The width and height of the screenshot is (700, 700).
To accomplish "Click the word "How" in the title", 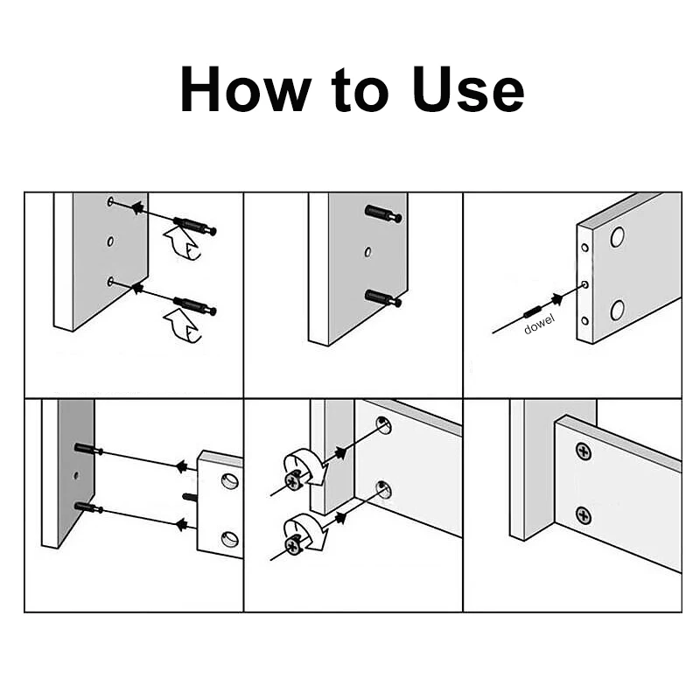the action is (245, 89).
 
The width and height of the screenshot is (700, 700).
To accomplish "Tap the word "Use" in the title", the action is (468, 89).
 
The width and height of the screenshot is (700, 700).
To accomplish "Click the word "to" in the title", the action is (360, 90).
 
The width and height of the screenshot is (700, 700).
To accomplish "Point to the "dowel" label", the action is (539, 324).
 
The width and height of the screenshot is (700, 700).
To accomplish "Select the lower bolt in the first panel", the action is (194, 305).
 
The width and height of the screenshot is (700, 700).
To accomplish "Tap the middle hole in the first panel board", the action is (110, 241).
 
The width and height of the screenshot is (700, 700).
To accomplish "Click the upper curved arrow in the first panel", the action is (182, 243).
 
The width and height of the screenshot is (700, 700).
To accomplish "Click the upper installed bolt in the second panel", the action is (383, 213).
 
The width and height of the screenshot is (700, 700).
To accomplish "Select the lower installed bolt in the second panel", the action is (383, 298).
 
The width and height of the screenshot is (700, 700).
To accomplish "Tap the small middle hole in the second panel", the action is (367, 252).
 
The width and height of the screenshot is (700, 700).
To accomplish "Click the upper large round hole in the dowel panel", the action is (618, 237).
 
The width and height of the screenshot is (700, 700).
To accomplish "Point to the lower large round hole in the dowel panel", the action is (618, 310).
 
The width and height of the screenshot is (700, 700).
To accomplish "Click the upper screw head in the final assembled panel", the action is (584, 451).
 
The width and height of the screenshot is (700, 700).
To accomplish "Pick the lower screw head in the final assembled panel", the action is (584, 515).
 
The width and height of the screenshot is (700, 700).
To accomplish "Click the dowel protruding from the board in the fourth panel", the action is (190, 497).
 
